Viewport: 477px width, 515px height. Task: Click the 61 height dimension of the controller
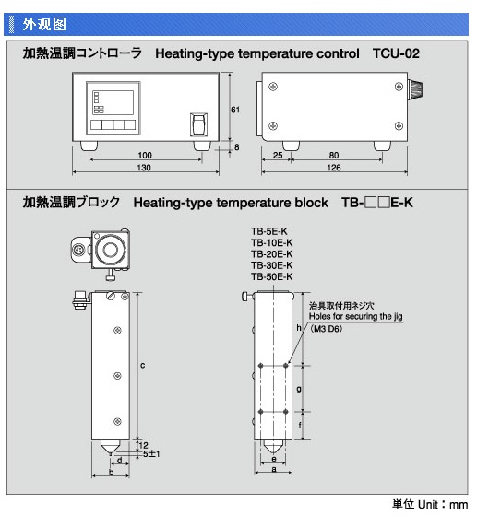point(235,110)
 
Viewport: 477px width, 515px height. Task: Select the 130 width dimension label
point(144,168)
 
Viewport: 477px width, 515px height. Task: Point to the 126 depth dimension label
point(334,168)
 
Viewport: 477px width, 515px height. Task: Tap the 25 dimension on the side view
point(278,156)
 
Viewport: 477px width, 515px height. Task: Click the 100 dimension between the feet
point(145,156)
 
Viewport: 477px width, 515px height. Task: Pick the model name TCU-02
point(396,53)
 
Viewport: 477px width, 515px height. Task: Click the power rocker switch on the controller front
point(199,124)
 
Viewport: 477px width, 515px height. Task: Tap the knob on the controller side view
point(415,89)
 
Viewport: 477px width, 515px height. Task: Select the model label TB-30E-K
point(272,265)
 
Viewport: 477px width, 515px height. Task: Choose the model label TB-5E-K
point(269,231)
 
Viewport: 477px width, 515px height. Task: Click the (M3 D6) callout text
point(327,329)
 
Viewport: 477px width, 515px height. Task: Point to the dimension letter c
point(142,365)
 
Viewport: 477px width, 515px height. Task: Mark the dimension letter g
point(299,390)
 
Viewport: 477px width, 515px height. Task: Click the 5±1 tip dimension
point(151,454)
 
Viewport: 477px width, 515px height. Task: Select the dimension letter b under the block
point(112,473)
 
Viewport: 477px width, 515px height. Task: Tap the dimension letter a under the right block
point(274,469)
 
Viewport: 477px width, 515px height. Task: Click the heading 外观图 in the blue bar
point(44,25)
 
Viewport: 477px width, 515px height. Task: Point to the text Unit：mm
point(443,504)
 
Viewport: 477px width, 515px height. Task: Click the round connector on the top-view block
point(78,250)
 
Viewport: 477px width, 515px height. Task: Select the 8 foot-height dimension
point(236,147)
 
